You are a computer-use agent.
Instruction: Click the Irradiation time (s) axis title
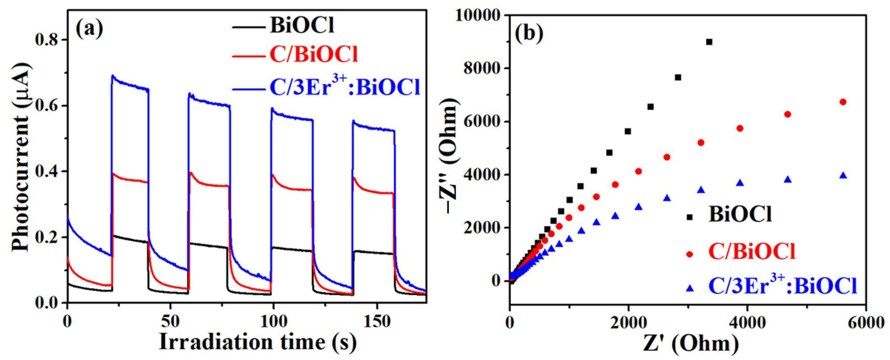tap(258, 342)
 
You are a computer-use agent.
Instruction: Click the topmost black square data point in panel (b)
tap(709, 42)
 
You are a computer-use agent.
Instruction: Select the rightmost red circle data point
tap(843, 102)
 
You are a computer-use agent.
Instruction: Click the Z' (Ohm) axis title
tap(691, 344)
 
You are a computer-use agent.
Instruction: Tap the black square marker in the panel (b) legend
tap(690, 217)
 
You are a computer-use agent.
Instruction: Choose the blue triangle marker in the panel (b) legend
tap(690, 288)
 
